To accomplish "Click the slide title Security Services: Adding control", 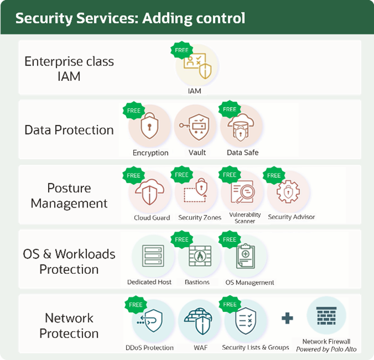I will (130, 19).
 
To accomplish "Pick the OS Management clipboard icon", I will (245, 257).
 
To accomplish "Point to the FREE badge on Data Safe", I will (229, 110).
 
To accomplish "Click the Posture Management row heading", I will (69, 196).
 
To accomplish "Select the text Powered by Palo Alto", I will (326, 349).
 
